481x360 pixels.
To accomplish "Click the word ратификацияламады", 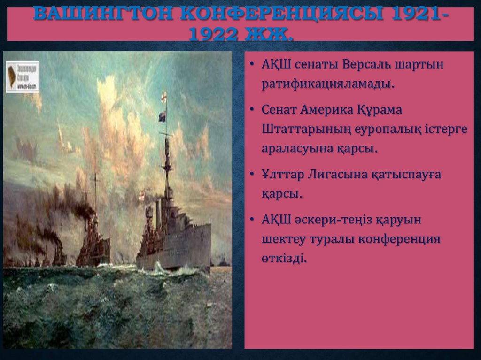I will point(327,84).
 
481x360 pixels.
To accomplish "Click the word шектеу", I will point(283,239).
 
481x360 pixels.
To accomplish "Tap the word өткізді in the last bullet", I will point(284,258).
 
